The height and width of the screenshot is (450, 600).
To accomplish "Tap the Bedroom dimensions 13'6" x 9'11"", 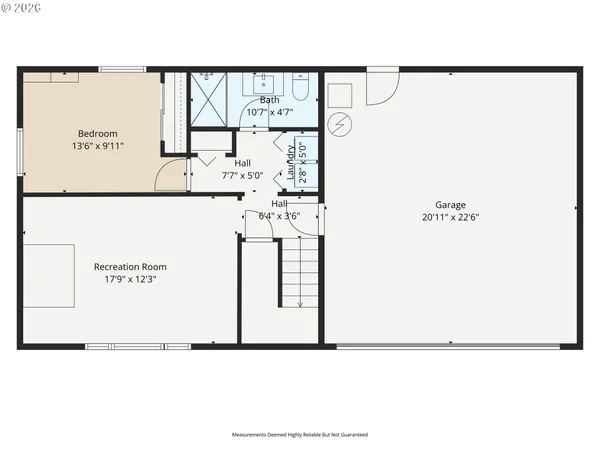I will point(98,146).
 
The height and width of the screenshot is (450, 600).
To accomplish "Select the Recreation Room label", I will point(130,267).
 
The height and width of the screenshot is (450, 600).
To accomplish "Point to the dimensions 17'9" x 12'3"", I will point(130,279).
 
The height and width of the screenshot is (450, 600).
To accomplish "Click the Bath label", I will point(270,100).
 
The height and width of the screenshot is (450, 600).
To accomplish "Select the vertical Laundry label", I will point(291,161).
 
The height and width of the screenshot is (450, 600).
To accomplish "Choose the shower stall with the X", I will point(209,98).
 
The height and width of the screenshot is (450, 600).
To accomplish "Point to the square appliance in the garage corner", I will point(341,94).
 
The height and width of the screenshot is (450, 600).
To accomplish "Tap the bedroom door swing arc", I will point(174,174).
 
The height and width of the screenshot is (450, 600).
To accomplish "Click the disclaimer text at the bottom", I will point(299,435).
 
